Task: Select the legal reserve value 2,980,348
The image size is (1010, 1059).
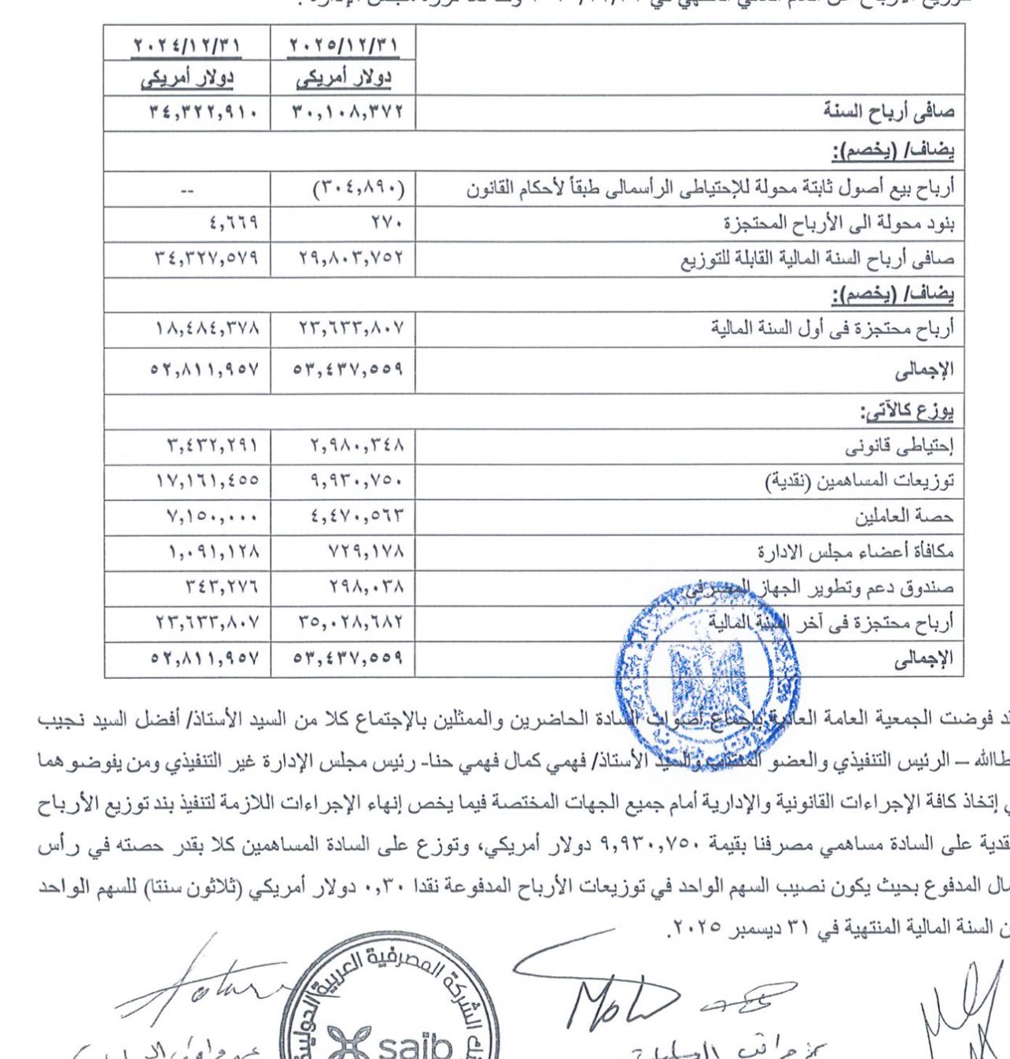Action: [x=341, y=448]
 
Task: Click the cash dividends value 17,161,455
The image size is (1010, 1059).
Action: [x=187, y=481]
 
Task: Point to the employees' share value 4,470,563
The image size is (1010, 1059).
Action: [x=341, y=516]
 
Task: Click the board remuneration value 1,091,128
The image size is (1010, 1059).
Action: [x=187, y=552]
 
